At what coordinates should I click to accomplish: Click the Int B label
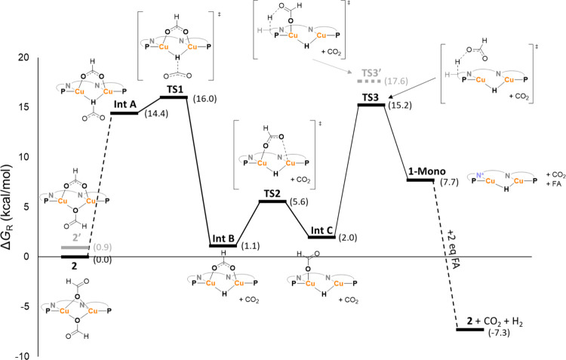223,237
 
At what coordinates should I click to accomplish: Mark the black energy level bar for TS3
370,105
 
